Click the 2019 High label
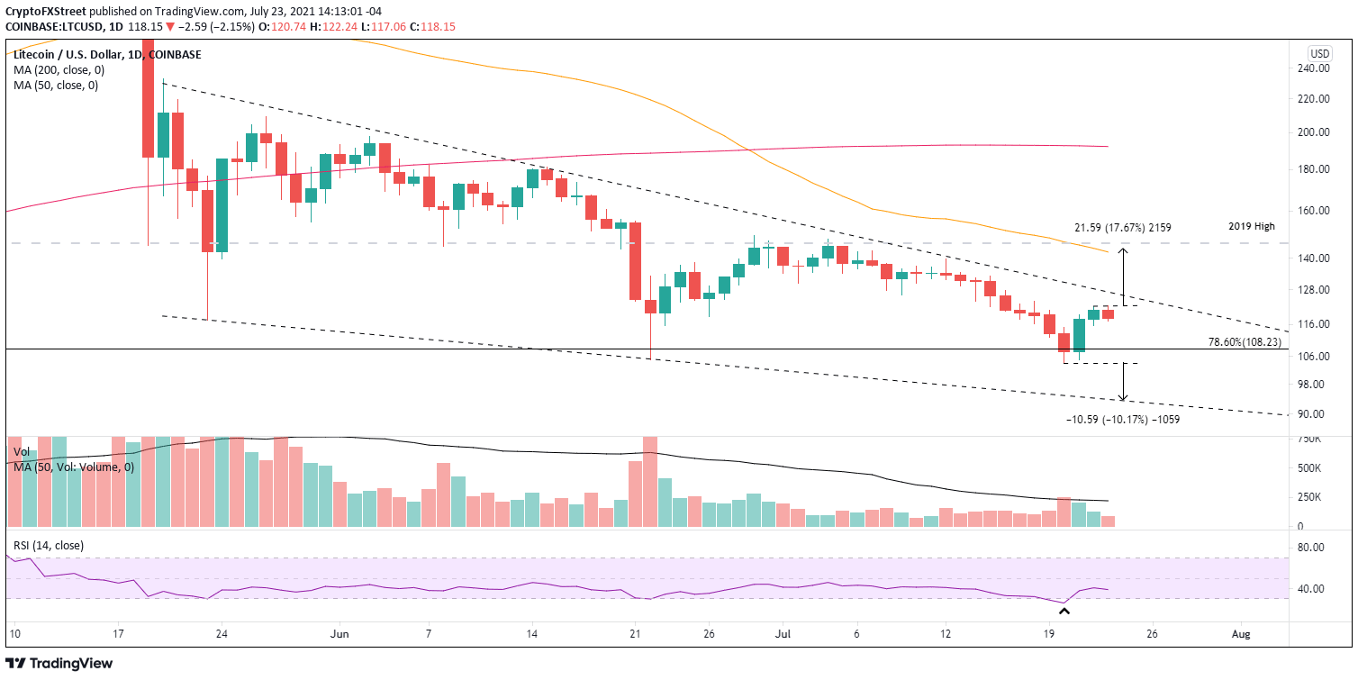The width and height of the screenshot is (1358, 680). [1251, 227]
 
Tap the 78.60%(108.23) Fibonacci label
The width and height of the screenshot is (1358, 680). [1247, 342]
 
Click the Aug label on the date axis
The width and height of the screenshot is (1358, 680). [1241, 633]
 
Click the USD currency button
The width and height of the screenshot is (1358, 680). [1320, 53]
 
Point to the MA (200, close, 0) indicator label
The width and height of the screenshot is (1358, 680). [56, 70]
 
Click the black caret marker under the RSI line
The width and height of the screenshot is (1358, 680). [1064, 612]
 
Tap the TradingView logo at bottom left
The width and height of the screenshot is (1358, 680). [61, 664]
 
